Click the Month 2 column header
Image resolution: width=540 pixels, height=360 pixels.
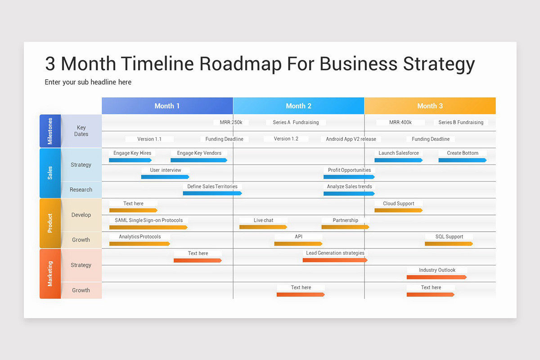pyautogui.click(x=298, y=106)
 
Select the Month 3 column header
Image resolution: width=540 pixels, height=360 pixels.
pyautogui.click(x=430, y=106)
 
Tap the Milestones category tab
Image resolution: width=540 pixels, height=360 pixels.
pyautogui.click(x=50, y=131)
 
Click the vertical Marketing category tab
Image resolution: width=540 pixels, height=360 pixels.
pyautogui.click(x=50, y=274)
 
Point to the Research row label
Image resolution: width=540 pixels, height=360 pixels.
pyautogui.click(x=81, y=190)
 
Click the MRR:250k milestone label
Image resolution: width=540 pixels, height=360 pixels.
pyautogui.click(x=231, y=122)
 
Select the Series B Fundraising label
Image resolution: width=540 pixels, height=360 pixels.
pyautogui.click(x=461, y=122)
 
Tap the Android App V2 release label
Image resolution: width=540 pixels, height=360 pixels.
pyautogui.click(x=351, y=139)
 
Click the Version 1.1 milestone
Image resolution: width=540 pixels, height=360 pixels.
pyautogui.click(x=149, y=139)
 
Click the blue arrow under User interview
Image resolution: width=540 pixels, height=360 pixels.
pyautogui.click(x=165, y=177)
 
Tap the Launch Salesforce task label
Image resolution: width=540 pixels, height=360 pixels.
pyautogui.click(x=399, y=153)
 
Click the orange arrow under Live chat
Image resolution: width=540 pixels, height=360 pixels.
pyautogui.click(x=263, y=227)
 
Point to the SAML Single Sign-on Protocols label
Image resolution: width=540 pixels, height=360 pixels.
pyautogui.click(x=149, y=220)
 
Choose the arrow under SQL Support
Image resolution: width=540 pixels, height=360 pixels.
pyautogui.click(x=449, y=244)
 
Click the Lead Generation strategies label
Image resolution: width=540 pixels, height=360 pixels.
pyautogui.click(x=335, y=253)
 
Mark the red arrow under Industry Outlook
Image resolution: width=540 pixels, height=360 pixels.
pyautogui.click(x=436, y=277)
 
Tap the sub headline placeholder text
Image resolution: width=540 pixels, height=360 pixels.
pyautogui.click(x=88, y=82)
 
